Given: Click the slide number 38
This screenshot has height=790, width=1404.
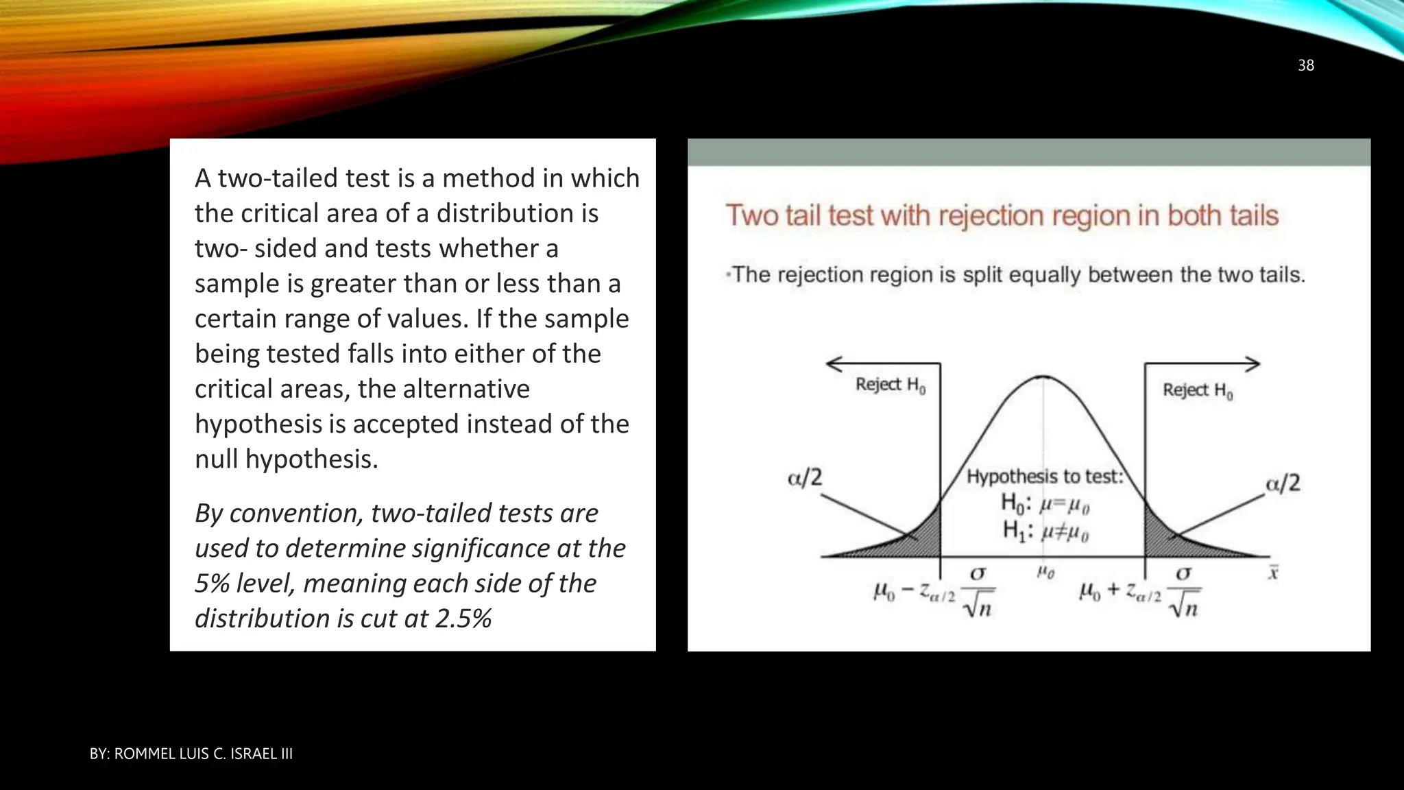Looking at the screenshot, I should [x=1305, y=65].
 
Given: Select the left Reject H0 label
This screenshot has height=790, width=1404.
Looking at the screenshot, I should [x=890, y=385].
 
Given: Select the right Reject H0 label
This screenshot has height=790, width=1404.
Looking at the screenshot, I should [x=1197, y=391].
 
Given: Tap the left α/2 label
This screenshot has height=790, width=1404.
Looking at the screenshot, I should [x=804, y=477].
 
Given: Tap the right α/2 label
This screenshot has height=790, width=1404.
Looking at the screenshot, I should [x=1282, y=483].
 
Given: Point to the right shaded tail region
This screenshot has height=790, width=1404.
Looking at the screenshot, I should [x=1165, y=538].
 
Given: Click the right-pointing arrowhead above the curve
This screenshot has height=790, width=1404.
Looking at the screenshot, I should [x=1253, y=364].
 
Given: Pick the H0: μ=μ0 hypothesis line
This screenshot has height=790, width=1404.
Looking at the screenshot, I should [x=1045, y=504].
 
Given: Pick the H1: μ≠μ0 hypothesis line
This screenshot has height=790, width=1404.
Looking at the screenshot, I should [x=1045, y=531].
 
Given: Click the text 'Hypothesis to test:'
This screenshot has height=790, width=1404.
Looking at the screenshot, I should [x=1045, y=477].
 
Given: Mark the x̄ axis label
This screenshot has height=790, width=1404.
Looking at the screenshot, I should [x=1272, y=573].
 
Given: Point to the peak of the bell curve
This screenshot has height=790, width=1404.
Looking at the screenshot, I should [x=1043, y=376].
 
